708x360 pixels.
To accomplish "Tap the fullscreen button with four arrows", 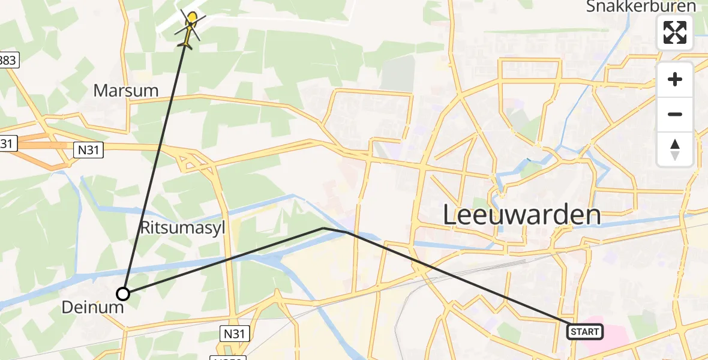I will coord(675,32).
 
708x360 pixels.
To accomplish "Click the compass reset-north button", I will coord(675,149).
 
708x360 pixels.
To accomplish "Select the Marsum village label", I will coord(126,91).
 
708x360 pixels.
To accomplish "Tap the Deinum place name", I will coord(93,308).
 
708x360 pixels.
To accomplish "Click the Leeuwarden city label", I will coord(522,215).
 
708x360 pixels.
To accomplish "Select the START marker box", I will coord(585,331).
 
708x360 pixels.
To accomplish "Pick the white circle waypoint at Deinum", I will coord(123,294).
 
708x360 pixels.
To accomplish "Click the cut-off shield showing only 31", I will coord(9,143).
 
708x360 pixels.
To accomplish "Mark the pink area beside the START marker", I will coord(615,336).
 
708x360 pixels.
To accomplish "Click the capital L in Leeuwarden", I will coord(451,215).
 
